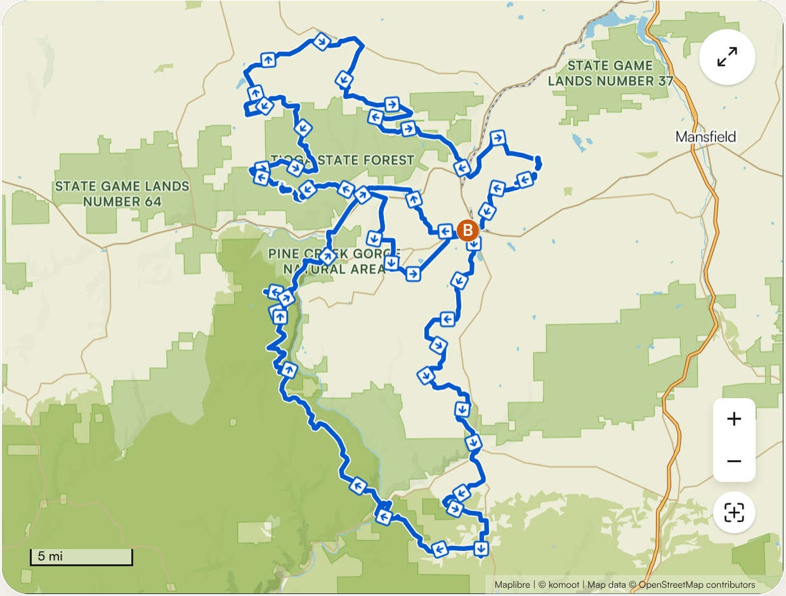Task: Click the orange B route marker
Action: (x=468, y=230)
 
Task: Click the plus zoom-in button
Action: (x=734, y=419)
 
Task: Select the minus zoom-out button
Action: (x=734, y=461)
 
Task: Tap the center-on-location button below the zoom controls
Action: (x=734, y=513)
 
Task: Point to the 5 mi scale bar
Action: (x=81, y=557)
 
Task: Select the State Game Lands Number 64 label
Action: (x=122, y=194)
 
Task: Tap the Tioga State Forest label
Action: (x=343, y=160)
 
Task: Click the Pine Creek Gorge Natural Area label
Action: (x=334, y=261)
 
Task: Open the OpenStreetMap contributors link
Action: (x=697, y=585)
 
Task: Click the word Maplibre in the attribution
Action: (x=511, y=585)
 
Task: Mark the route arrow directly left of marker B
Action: (x=445, y=231)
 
